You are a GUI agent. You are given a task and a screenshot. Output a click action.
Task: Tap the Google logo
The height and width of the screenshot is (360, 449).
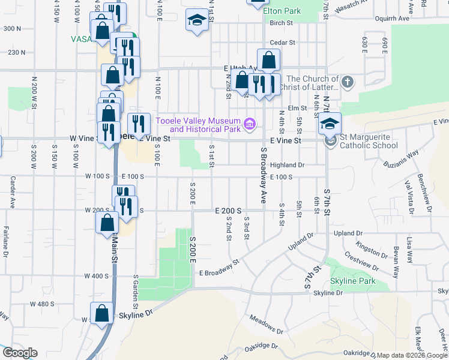tap(19, 352)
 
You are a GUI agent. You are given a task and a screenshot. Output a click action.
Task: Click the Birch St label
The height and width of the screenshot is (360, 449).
tap(280, 23)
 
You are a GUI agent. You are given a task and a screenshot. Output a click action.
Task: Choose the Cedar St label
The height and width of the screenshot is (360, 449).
tap(283, 43)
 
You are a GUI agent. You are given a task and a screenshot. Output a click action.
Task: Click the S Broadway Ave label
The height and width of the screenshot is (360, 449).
tap(263, 176)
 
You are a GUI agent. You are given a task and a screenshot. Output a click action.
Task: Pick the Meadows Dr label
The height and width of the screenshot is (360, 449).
tap(266, 325)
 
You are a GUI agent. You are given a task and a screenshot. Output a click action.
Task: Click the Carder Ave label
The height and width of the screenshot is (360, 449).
tap(12, 192)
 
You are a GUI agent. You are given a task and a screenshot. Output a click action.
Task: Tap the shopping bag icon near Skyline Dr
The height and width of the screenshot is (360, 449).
tap(101, 313)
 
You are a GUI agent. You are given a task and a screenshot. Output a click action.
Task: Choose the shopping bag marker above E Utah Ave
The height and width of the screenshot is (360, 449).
tap(268, 60)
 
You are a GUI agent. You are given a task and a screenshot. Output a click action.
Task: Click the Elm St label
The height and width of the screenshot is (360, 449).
tap(293, 108)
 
